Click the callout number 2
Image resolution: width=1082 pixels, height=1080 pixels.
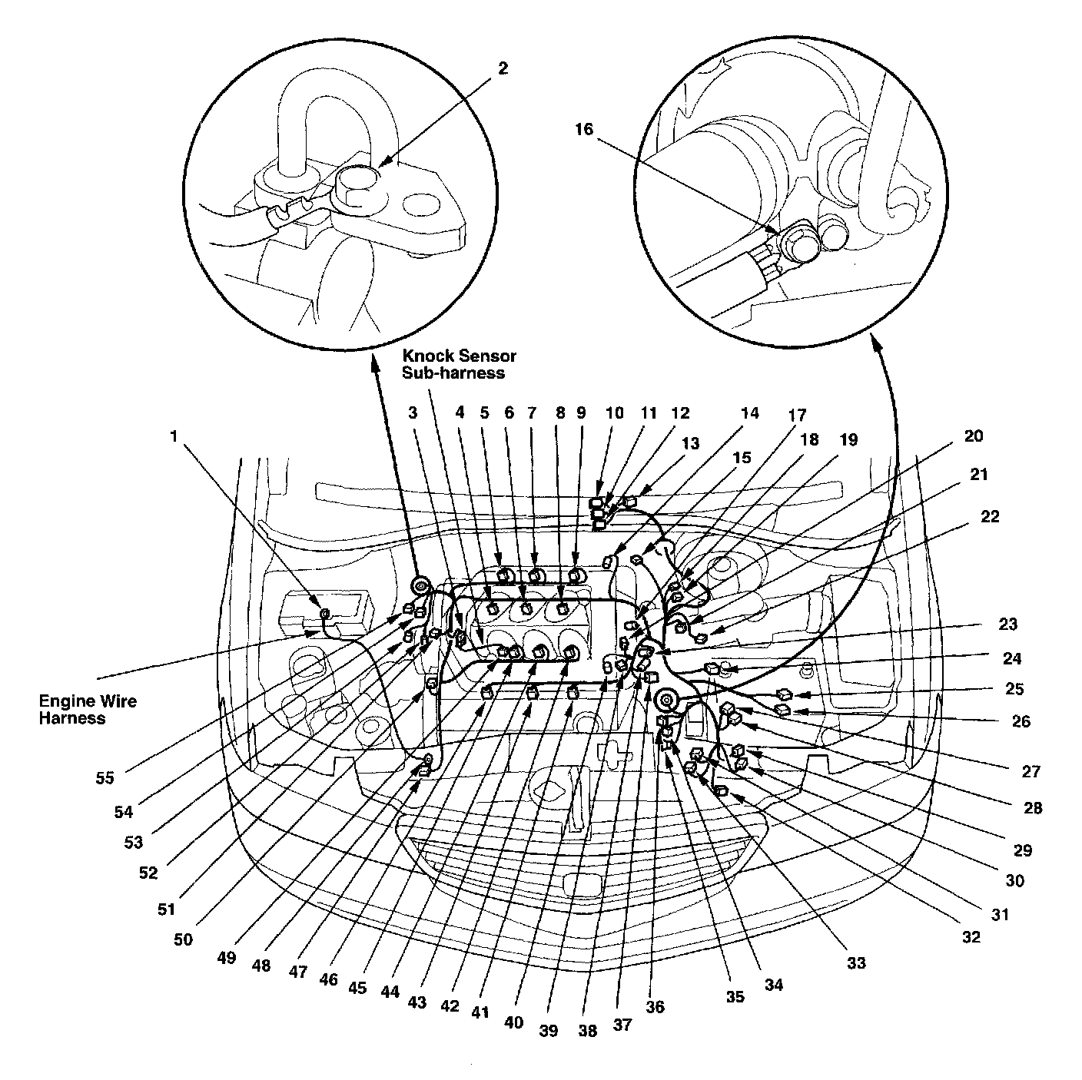pyautogui.click(x=503, y=68)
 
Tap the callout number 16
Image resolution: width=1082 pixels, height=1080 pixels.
pyautogui.click(x=584, y=130)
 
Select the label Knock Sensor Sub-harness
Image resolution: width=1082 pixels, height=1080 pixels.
pyautogui.click(x=459, y=364)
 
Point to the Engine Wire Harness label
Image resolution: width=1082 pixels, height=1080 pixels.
pyautogui.click(x=88, y=710)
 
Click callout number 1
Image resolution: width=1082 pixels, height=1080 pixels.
pyautogui.click(x=174, y=436)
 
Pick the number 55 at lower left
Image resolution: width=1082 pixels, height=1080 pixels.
pyautogui.click(x=105, y=779)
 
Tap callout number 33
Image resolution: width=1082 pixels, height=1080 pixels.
pyautogui.click(x=856, y=963)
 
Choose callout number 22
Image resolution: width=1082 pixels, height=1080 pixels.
pyautogui.click(x=990, y=516)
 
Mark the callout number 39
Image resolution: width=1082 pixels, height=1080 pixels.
pyautogui.click(x=549, y=1031)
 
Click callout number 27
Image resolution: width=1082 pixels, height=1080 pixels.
pyautogui.click(x=1031, y=772)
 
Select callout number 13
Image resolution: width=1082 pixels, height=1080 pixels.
pyautogui.click(x=690, y=443)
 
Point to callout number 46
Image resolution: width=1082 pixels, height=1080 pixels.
pyautogui.click(x=328, y=979)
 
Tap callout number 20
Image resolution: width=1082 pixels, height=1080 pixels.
pyautogui.click(x=974, y=436)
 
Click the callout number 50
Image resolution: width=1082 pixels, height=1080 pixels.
pyautogui.click(x=183, y=939)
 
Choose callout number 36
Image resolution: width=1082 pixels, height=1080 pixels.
pyautogui.click(x=655, y=1007)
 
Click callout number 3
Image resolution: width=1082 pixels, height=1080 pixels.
pyautogui.click(x=413, y=413)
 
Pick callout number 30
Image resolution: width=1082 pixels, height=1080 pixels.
pyautogui.click(x=1014, y=881)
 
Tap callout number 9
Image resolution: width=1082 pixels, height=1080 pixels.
pyautogui.click(x=581, y=413)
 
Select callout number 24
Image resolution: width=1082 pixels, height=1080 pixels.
pyautogui.click(x=1012, y=658)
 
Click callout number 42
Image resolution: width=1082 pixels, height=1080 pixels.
pyautogui.click(x=450, y=1006)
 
